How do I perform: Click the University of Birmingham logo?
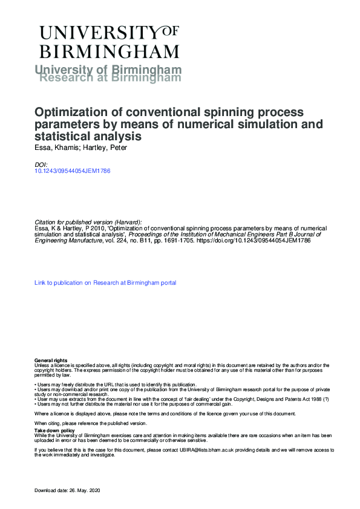(x=109, y=42)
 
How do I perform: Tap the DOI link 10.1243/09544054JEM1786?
(x=73, y=170)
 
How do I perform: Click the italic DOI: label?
(x=41, y=164)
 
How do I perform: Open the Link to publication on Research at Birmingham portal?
(x=105, y=282)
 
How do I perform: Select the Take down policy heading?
(x=51, y=430)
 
